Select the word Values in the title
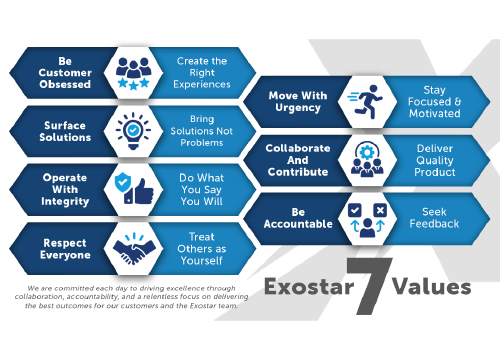pos(432,288)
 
